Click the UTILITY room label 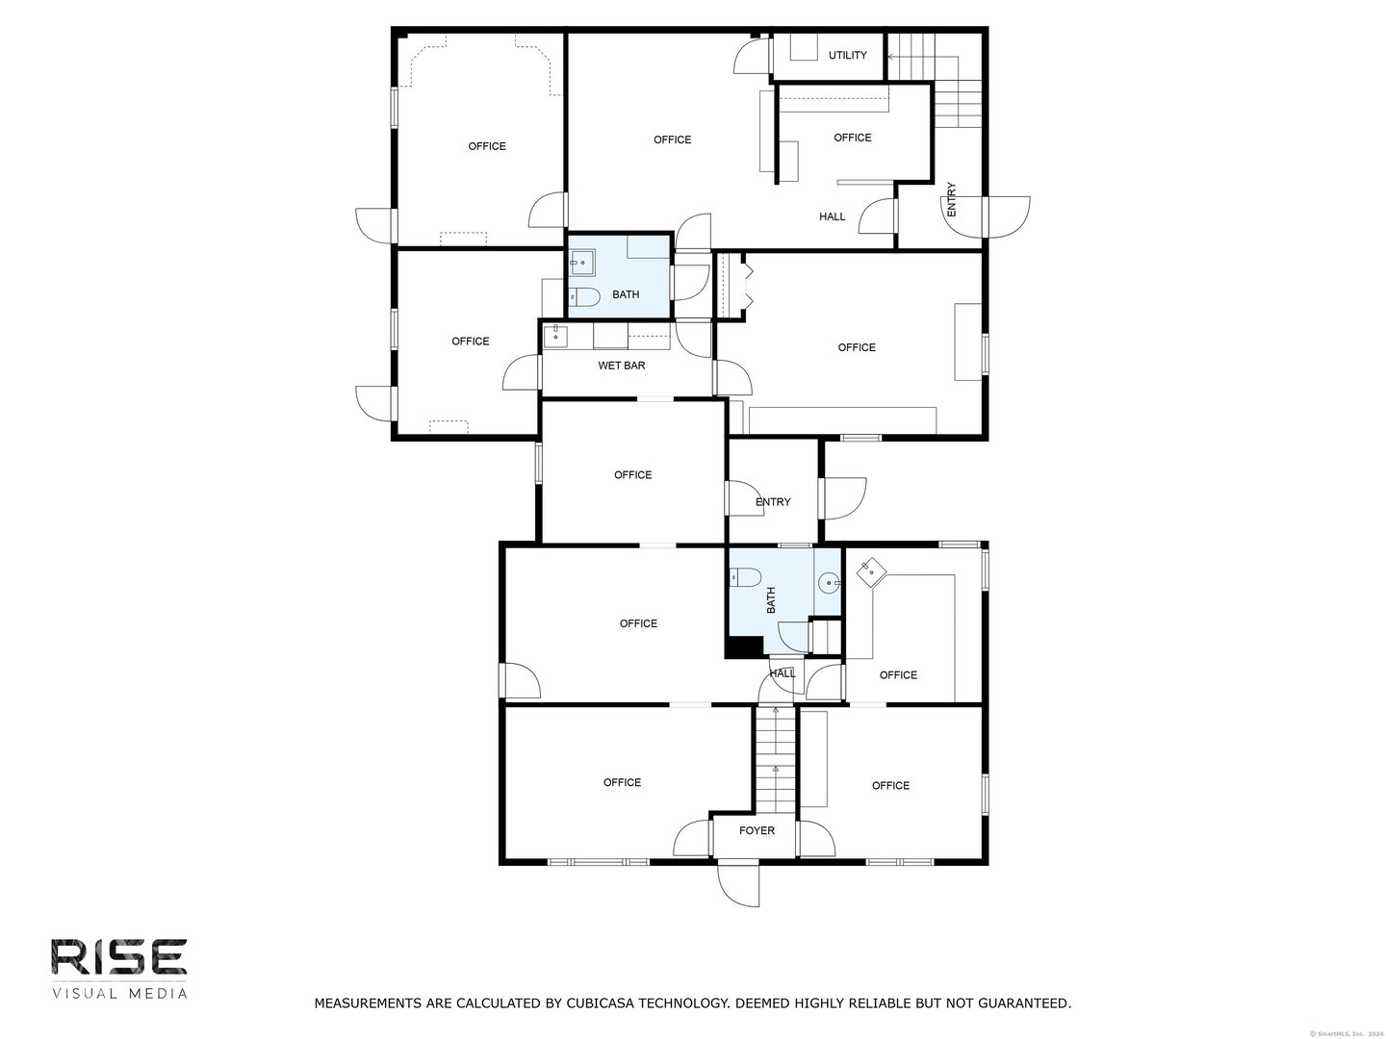(847, 55)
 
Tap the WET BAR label (621, 366)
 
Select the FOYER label (757, 830)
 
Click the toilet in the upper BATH (584, 295)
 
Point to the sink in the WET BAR (555, 335)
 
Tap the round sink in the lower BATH (829, 581)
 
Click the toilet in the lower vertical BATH (746, 577)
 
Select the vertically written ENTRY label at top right (952, 198)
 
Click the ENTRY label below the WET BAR (773, 502)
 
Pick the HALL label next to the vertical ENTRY (832, 216)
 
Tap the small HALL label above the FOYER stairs (783, 673)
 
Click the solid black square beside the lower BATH (742, 647)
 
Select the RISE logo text (119, 958)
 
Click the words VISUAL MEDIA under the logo (119, 993)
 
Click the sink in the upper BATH (581, 262)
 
